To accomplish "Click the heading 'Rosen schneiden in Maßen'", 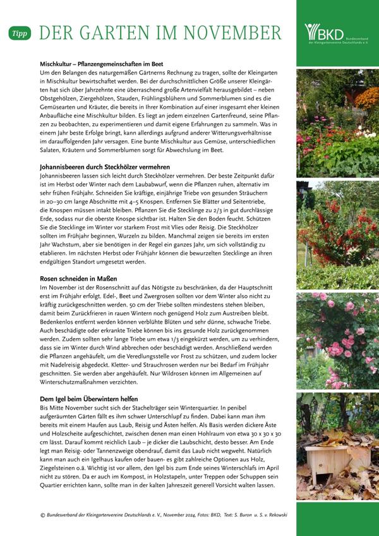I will tap(78, 278).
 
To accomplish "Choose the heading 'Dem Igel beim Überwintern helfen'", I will tap(90, 399).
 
